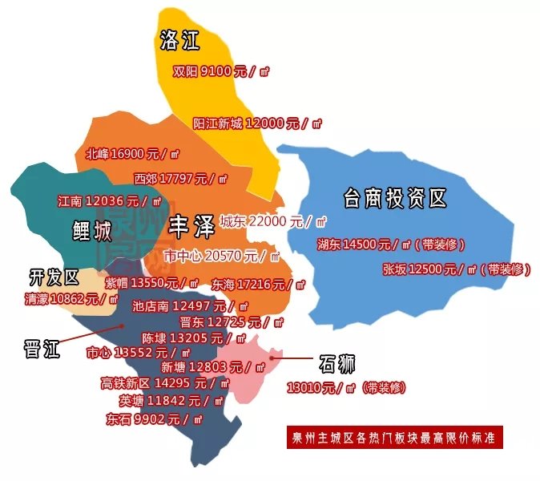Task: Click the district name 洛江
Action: [x=179, y=40]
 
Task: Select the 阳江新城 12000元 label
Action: [x=256, y=123]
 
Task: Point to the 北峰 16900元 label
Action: [x=132, y=153]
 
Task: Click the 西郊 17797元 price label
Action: [x=181, y=177]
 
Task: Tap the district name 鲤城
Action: [x=91, y=232]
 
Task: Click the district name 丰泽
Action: [x=191, y=228]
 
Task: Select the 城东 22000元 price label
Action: [x=273, y=221]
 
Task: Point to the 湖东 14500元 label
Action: [x=390, y=244]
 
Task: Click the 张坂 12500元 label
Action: [x=456, y=269]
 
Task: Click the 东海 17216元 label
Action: [x=258, y=284]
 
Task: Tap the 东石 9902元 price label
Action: [x=153, y=418]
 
